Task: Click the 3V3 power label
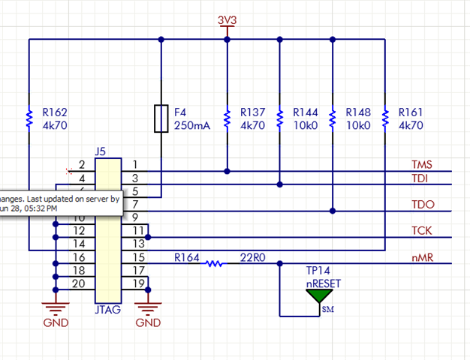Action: (227, 21)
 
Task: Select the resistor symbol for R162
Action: (29, 118)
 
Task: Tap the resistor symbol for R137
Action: (227, 118)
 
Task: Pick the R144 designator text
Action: (306, 112)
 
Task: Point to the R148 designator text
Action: (358, 112)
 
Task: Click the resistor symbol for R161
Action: (384, 118)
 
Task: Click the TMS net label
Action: (422, 165)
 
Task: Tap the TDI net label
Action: (420, 178)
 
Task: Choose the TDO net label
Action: (422, 205)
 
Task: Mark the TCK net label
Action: (421, 232)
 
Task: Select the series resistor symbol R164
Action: (215, 263)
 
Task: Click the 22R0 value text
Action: (252, 257)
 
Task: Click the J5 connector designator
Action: (101, 151)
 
